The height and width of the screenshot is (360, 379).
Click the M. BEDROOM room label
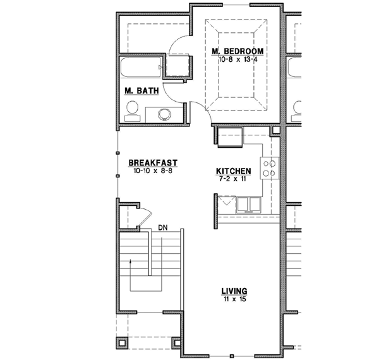pyautogui.click(x=237, y=51)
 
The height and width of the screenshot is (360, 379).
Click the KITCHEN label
pyautogui.click(x=234, y=171)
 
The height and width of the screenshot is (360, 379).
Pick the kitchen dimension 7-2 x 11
pyautogui.click(x=234, y=179)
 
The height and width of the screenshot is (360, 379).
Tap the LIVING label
pyautogui.click(x=234, y=291)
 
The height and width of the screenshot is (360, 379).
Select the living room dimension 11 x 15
pyautogui.click(x=234, y=299)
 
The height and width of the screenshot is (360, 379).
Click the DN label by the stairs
pyautogui.click(x=162, y=227)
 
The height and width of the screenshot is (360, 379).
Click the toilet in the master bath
pyautogui.click(x=133, y=112)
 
